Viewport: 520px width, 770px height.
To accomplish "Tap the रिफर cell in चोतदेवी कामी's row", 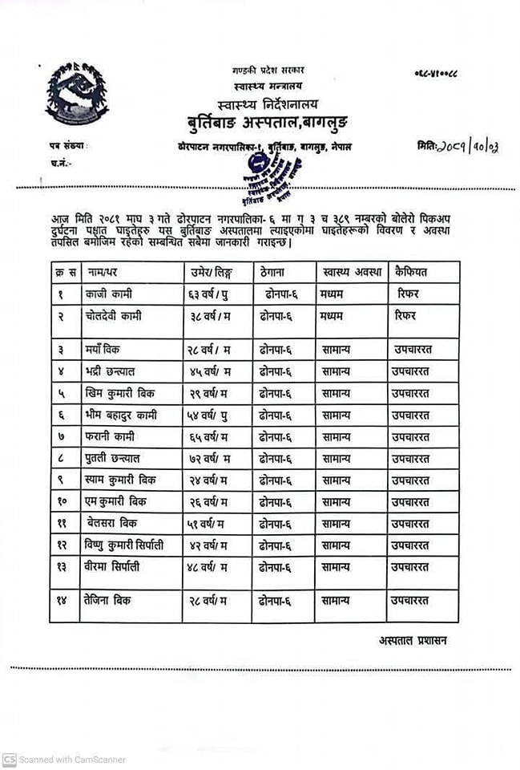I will click(407, 316).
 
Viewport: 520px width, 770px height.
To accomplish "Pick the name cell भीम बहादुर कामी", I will click(120, 415).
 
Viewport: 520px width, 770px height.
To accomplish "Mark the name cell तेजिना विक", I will click(108, 600).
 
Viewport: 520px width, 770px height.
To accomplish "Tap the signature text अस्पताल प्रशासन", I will click(414, 641).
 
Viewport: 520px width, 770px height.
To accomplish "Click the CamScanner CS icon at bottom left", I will click(9, 759).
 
